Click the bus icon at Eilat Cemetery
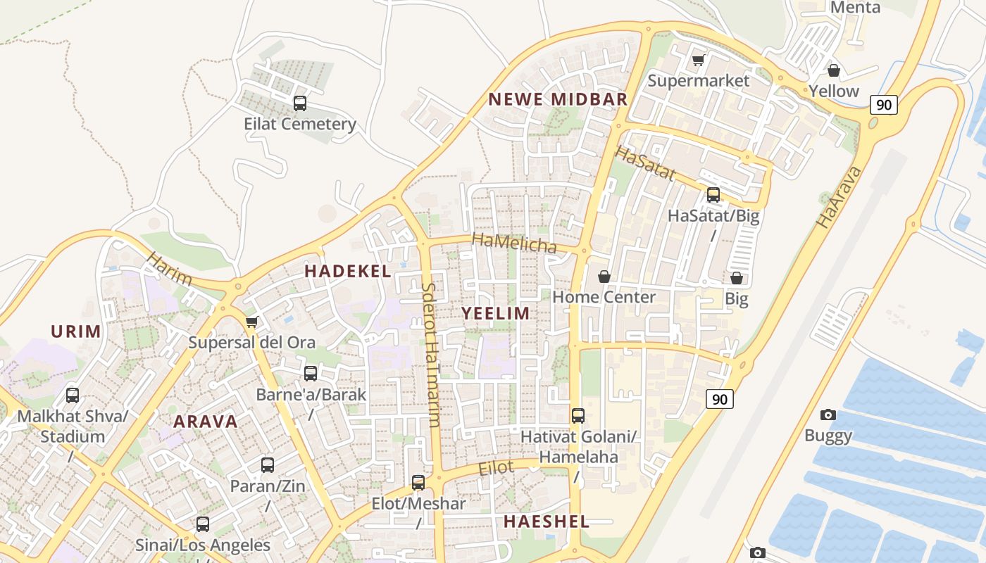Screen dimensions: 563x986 pyautogui.click(x=299, y=104)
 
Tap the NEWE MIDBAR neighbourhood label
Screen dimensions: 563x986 pyautogui.click(x=558, y=99)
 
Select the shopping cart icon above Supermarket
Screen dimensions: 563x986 pyautogui.click(x=698, y=61)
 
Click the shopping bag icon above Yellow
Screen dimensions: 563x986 pyautogui.click(x=834, y=70)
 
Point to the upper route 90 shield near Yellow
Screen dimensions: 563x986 pyautogui.click(x=884, y=106)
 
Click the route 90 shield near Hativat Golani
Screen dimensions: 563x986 pyautogui.click(x=719, y=399)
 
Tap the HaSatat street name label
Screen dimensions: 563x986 pyautogui.click(x=646, y=163)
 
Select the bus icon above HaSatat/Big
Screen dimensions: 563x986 pyautogui.click(x=713, y=195)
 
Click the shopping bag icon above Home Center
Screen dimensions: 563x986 pyautogui.click(x=604, y=277)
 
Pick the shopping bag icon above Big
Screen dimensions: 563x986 pyautogui.click(x=737, y=278)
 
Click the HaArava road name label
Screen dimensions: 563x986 pyautogui.click(x=839, y=197)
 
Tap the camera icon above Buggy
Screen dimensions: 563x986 pyautogui.click(x=828, y=415)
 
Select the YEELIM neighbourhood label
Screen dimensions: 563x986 pyautogui.click(x=496, y=314)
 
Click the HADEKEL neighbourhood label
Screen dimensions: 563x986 pyautogui.click(x=347, y=272)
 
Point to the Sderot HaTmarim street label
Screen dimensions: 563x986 pyautogui.click(x=431, y=355)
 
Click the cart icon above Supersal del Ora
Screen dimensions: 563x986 pyautogui.click(x=251, y=322)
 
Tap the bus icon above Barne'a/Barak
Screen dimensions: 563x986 pyautogui.click(x=311, y=374)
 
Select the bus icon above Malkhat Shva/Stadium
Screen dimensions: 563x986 pyautogui.click(x=73, y=396)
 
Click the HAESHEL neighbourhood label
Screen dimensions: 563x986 pyautogui.click(x=547, y=521)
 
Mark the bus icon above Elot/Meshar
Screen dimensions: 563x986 pyautogui.click(x=418, y=483)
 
